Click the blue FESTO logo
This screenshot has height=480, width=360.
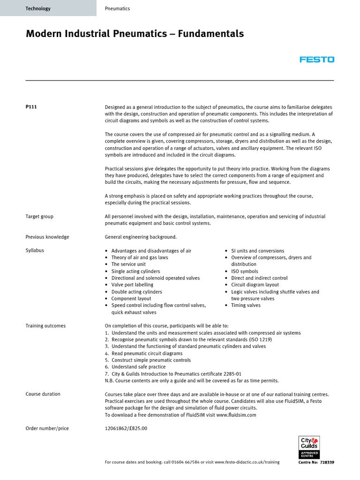(x=317, y=60)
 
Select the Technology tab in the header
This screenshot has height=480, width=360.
(x=38, y=8)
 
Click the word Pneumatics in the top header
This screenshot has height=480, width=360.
(x=117, y=8)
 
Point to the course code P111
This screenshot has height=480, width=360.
(x=31, y=107)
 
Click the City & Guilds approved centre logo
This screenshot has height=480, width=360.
(x=309, y=448)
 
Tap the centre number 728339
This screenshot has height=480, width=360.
(x=327, y=462)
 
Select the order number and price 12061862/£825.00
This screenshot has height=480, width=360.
(x=126, y=428)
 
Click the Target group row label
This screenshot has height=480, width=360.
(x=39, y=217)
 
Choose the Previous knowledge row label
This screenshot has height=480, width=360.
(x=47, y=237)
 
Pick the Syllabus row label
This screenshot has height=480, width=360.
(x=35, y=251)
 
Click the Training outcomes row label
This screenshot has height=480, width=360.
(x=45, y=326)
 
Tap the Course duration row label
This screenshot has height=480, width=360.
(x=43, y=394)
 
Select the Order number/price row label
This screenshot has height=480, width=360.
(x=47, y=428)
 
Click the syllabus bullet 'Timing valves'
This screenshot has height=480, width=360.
(x=246, y=305)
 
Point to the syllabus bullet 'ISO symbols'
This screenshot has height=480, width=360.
(x=244, y=271)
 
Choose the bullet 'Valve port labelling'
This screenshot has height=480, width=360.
(x=132, y=285)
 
